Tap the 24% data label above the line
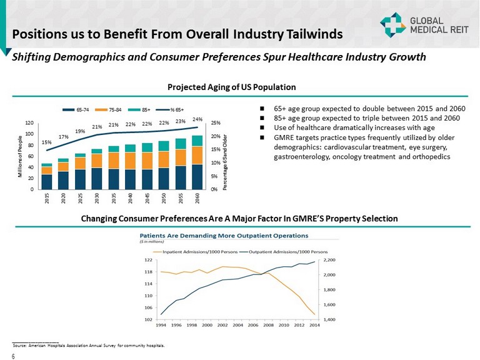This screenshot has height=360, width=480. click(197, 119)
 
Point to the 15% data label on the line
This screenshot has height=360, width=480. click(47, 142)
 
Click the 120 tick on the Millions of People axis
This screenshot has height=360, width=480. click(30, 123)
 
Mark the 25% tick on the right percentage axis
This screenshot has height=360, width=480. click(216, 123)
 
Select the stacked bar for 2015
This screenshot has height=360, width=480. click(47, 176)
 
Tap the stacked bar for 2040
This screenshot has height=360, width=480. click(130, 167)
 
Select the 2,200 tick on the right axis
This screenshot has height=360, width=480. click(329, 259)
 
